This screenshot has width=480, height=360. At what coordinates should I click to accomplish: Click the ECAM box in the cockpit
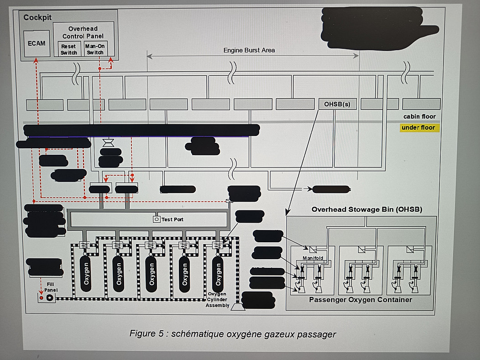click(37, 43)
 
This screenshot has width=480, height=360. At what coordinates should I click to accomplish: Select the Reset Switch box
click(69, 49)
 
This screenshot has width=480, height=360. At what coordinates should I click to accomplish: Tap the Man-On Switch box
click(95, 49)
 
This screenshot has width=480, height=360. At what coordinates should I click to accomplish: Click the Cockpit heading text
click(37, 18)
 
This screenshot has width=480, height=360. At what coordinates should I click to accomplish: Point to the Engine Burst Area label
click(249, 50)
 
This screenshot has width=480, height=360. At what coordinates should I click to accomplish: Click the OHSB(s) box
click(337, 104)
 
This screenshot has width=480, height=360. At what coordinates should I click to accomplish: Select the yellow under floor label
click(418, 128)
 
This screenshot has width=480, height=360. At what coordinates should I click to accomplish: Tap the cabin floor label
click(419, 116)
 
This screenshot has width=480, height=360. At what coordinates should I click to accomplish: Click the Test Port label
click(172, 219)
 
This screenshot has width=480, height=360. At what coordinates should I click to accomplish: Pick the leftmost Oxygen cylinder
click(86, 271)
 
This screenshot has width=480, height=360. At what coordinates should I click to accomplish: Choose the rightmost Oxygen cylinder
click(218, 271)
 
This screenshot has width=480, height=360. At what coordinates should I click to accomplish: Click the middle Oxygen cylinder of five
click(152, 271)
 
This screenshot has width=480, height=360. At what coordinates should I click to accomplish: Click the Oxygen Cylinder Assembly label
click(218, 299)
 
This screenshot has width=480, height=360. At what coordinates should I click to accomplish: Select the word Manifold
click(313, 258)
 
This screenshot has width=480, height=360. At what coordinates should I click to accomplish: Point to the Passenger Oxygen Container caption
click(360, 300)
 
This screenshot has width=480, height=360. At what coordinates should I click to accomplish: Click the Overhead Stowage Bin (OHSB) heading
click(366, 209)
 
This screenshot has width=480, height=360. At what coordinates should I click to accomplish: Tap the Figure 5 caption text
click(233, 334)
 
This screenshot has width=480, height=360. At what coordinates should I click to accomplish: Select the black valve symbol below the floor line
click(109, 143)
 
